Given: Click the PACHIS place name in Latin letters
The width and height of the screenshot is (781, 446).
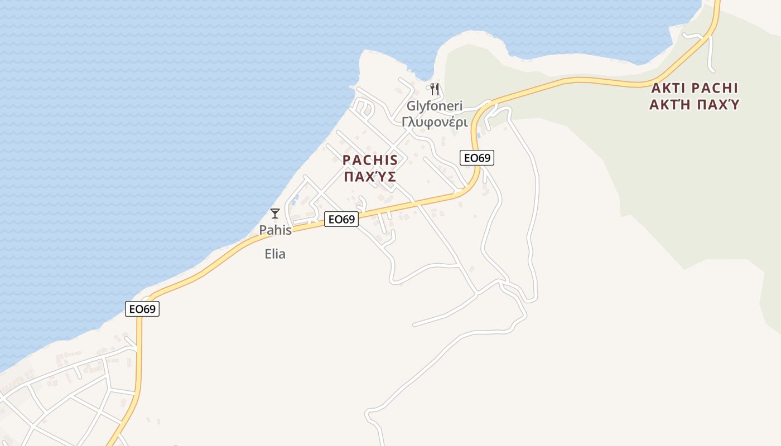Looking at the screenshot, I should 370,160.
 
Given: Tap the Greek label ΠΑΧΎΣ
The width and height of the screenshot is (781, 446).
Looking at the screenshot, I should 370,177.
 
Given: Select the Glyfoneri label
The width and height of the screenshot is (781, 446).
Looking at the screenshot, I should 434,106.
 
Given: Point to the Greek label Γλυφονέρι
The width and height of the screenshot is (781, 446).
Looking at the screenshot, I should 434,122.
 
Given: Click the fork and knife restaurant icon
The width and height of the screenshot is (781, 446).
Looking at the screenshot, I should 435,89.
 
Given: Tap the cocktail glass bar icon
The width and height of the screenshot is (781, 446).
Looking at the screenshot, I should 274,213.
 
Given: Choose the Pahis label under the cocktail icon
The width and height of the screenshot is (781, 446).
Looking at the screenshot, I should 275,230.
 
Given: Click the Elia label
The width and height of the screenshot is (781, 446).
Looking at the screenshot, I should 275,254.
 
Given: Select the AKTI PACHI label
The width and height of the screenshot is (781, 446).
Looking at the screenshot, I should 695,88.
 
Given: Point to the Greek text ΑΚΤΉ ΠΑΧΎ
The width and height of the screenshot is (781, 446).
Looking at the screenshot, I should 695,104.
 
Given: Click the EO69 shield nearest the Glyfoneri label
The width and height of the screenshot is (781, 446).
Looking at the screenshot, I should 477,158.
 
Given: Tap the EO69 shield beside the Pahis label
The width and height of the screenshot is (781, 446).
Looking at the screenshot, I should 341,220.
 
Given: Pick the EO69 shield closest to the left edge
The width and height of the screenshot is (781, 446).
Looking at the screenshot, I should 142,309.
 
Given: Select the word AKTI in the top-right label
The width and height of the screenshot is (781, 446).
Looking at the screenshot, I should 668,88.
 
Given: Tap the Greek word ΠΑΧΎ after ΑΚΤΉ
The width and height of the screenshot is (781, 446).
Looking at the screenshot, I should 720,104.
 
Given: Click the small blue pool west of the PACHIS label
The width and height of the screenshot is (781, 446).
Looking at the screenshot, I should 295,197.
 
